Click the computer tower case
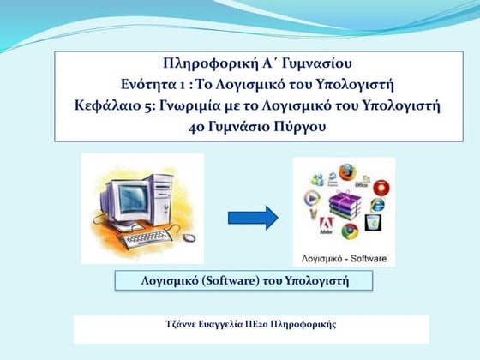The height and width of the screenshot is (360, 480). (171, 195)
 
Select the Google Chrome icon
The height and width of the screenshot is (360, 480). (348, 231)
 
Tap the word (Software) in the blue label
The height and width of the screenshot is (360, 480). (218, 281)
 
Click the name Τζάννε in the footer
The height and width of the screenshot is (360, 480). (183, 325)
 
